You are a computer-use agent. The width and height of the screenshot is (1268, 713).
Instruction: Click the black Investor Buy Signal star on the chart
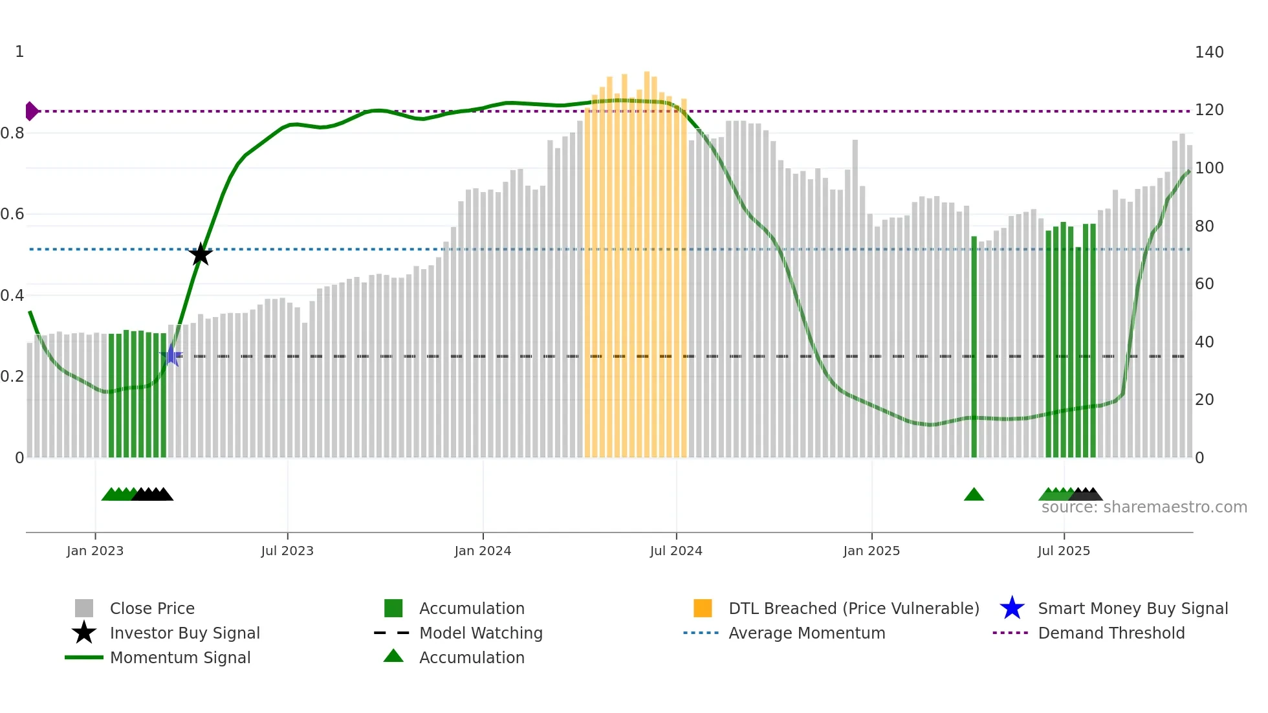tap(201, 254)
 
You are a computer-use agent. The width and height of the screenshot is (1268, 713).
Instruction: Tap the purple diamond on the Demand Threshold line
tap(31, 111)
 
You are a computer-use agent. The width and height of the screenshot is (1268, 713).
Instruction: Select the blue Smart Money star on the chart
tap(171, 355)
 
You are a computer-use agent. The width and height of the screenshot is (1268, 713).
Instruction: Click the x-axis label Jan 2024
tap(483, 551)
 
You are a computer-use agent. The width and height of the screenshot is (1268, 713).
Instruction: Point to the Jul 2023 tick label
tap(287, 551)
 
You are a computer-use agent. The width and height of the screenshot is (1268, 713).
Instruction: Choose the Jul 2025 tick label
tap(1064, 551)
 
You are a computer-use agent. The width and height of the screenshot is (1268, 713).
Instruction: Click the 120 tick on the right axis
tap(1209, 110)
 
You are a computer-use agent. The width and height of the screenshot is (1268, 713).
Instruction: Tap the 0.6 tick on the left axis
tap(12, 214)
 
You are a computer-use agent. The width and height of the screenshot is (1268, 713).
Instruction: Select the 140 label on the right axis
tap(1209, 52)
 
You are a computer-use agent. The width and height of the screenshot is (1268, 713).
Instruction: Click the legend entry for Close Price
tap(152, 608)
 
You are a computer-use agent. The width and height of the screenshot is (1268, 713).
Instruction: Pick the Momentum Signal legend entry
tap(180, 657)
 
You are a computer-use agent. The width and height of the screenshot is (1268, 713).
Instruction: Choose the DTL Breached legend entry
tap(853, 608)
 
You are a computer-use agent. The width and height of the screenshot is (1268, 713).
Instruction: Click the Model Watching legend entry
tap(481, 633)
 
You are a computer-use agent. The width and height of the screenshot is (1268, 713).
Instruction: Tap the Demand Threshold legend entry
tap(1111, 633)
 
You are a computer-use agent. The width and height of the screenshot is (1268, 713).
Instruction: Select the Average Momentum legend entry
tap(807, 633)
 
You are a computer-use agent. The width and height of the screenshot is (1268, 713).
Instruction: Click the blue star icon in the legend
tap(1012, 608)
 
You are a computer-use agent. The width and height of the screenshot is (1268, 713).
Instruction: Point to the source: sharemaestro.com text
tap(1144, 507)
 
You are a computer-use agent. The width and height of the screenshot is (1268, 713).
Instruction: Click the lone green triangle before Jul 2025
tap(974, 495)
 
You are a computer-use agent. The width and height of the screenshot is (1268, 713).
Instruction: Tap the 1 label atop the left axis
tap(19, 52)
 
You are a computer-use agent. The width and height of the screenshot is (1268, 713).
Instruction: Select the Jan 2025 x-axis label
tap(871, 551)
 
